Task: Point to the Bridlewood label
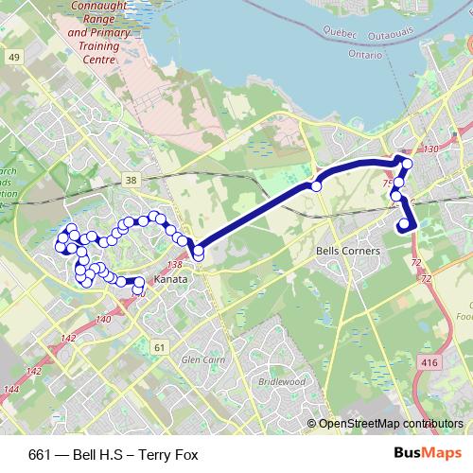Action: pyautogui.click(x=281, y=381)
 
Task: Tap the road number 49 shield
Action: pyautogui.click(x=13, y=58)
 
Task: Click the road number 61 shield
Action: pyautogui.click(x=159, y=348)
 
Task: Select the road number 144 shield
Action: pyautogui.click(x=10, y=389)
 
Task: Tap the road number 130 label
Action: pyautogui.click(x=432, y=149)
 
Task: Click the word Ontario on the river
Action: pyautogui.click(x=365, y=55)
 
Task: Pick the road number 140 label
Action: pyautogui.click(x=103, y=320)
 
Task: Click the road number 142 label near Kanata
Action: pyautogui.click(x=67, y=337)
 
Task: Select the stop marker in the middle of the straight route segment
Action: pyautogui.click(x=316, y=186)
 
